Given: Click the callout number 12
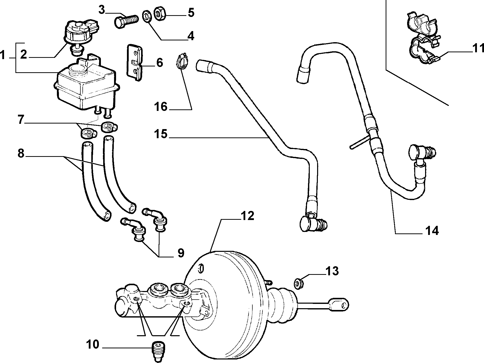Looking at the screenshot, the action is click(x=247, y=216).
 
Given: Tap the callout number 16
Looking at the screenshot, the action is click(x=161, y=107).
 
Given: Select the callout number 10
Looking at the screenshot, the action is click(x=93, y=344).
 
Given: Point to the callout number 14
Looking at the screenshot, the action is click(x=432, y=231).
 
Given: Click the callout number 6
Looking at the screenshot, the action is click(x=159, y=62).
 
